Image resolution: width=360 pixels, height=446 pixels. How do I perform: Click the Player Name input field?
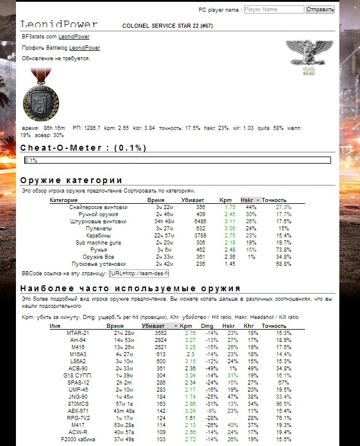tap(273, 10)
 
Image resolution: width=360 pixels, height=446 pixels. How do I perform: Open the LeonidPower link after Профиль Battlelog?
tap(85, 48)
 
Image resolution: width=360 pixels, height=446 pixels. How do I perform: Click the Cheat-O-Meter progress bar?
tap(177, 160)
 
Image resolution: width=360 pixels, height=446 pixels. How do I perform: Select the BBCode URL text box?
tap(140, 274)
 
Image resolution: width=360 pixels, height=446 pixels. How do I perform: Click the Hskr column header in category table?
tap(248, 200)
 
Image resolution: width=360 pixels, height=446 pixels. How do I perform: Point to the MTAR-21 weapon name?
tap(78, 333)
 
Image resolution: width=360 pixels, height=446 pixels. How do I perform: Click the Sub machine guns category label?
tap(98, 243)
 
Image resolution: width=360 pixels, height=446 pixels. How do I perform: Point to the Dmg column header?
tap(207, 325)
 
